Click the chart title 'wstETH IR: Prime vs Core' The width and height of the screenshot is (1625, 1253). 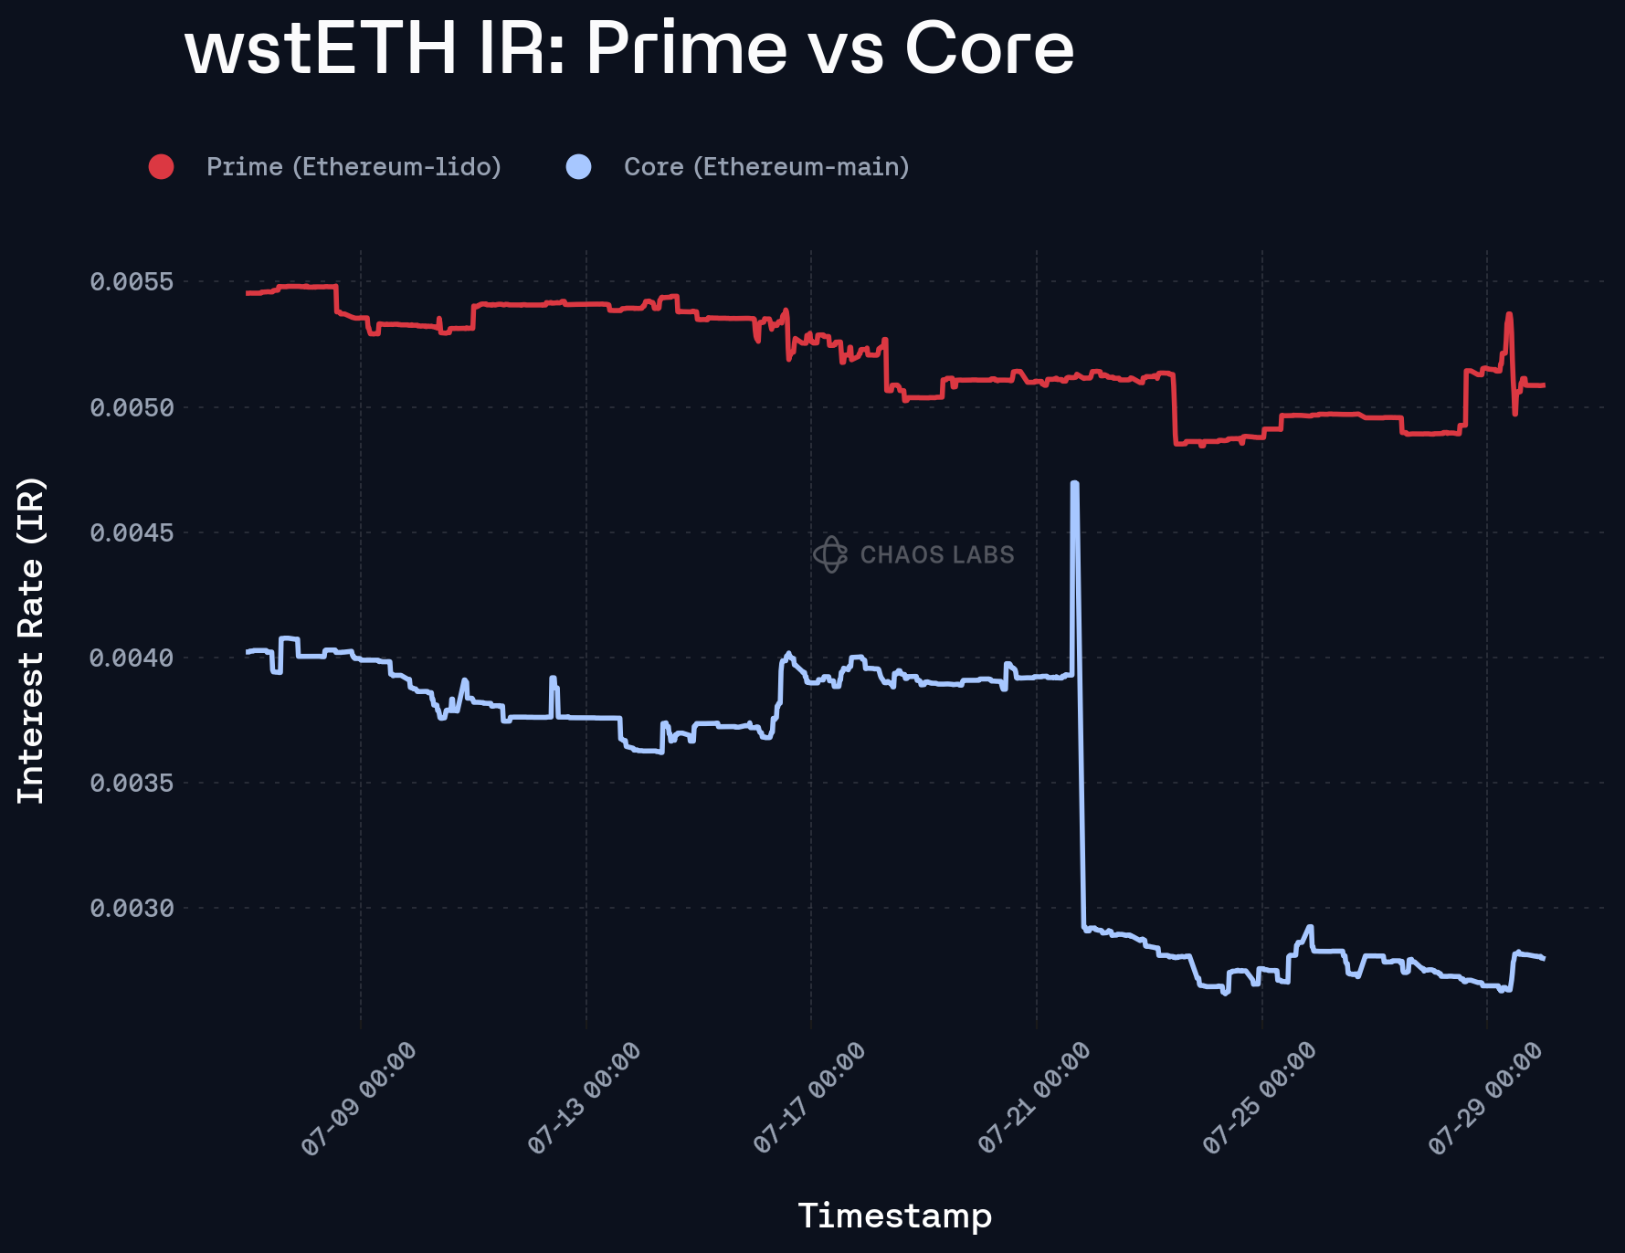coord(628,49)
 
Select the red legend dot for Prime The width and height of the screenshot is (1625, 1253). coord(162,167)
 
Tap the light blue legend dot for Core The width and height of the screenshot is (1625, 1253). coord(579,167)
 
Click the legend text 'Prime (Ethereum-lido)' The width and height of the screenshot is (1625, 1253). coord(353,167)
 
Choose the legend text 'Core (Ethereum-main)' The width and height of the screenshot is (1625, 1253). coord(766,167)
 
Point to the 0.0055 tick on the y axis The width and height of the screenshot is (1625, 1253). coord(132,281)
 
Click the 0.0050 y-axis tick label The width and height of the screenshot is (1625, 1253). coord(132,407)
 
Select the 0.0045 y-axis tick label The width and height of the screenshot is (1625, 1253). coord(132,532)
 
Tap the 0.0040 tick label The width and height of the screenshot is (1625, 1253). coord(132,658)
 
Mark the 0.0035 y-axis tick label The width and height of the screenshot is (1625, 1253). coord(132,783)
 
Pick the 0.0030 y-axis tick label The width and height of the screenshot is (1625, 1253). coord(132,908)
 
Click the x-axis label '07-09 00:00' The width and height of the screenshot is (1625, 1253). coord(359,1100)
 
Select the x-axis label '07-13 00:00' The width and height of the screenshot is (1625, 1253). coord(585,1100)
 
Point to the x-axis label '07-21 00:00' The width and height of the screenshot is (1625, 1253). coord(1034,1100)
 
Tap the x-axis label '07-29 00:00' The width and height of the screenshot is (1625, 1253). coord(1485,1100)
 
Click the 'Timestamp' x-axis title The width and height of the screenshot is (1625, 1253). coord(894,1216)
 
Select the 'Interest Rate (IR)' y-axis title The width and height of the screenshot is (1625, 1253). coord(31,640)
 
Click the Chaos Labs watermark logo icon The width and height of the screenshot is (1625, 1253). coord(830,554)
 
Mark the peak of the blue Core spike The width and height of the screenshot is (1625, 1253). coord(1074,483)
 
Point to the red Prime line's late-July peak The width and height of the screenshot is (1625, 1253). coord(1509,315)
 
